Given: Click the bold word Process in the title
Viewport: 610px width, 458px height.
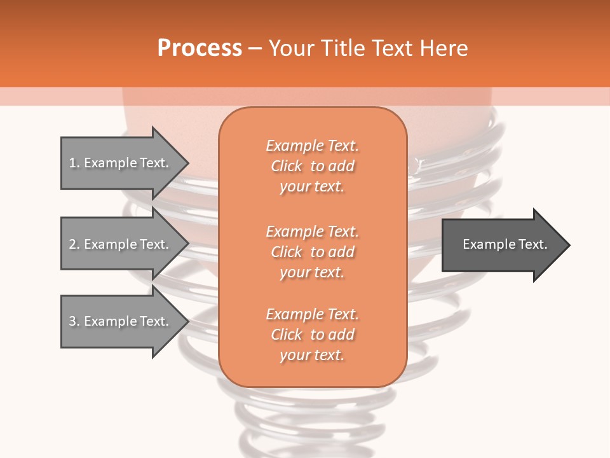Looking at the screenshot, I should point(200,48).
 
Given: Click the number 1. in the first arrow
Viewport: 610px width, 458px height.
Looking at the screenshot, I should point(74,163).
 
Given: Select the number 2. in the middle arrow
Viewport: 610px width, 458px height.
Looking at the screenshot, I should point(74,244).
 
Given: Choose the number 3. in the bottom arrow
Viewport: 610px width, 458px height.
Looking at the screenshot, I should point(74,321).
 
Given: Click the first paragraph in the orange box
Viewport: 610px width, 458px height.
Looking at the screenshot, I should point(312,166).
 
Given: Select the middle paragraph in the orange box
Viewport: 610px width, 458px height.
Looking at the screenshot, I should point(312,252).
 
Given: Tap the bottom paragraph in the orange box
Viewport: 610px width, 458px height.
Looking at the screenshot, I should point(312,335).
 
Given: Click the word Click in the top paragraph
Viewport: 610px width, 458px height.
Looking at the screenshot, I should point(287,166).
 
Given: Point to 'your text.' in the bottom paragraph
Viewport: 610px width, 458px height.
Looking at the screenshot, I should point(312,355).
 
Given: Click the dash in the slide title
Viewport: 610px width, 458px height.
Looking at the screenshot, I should point(255,48).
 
